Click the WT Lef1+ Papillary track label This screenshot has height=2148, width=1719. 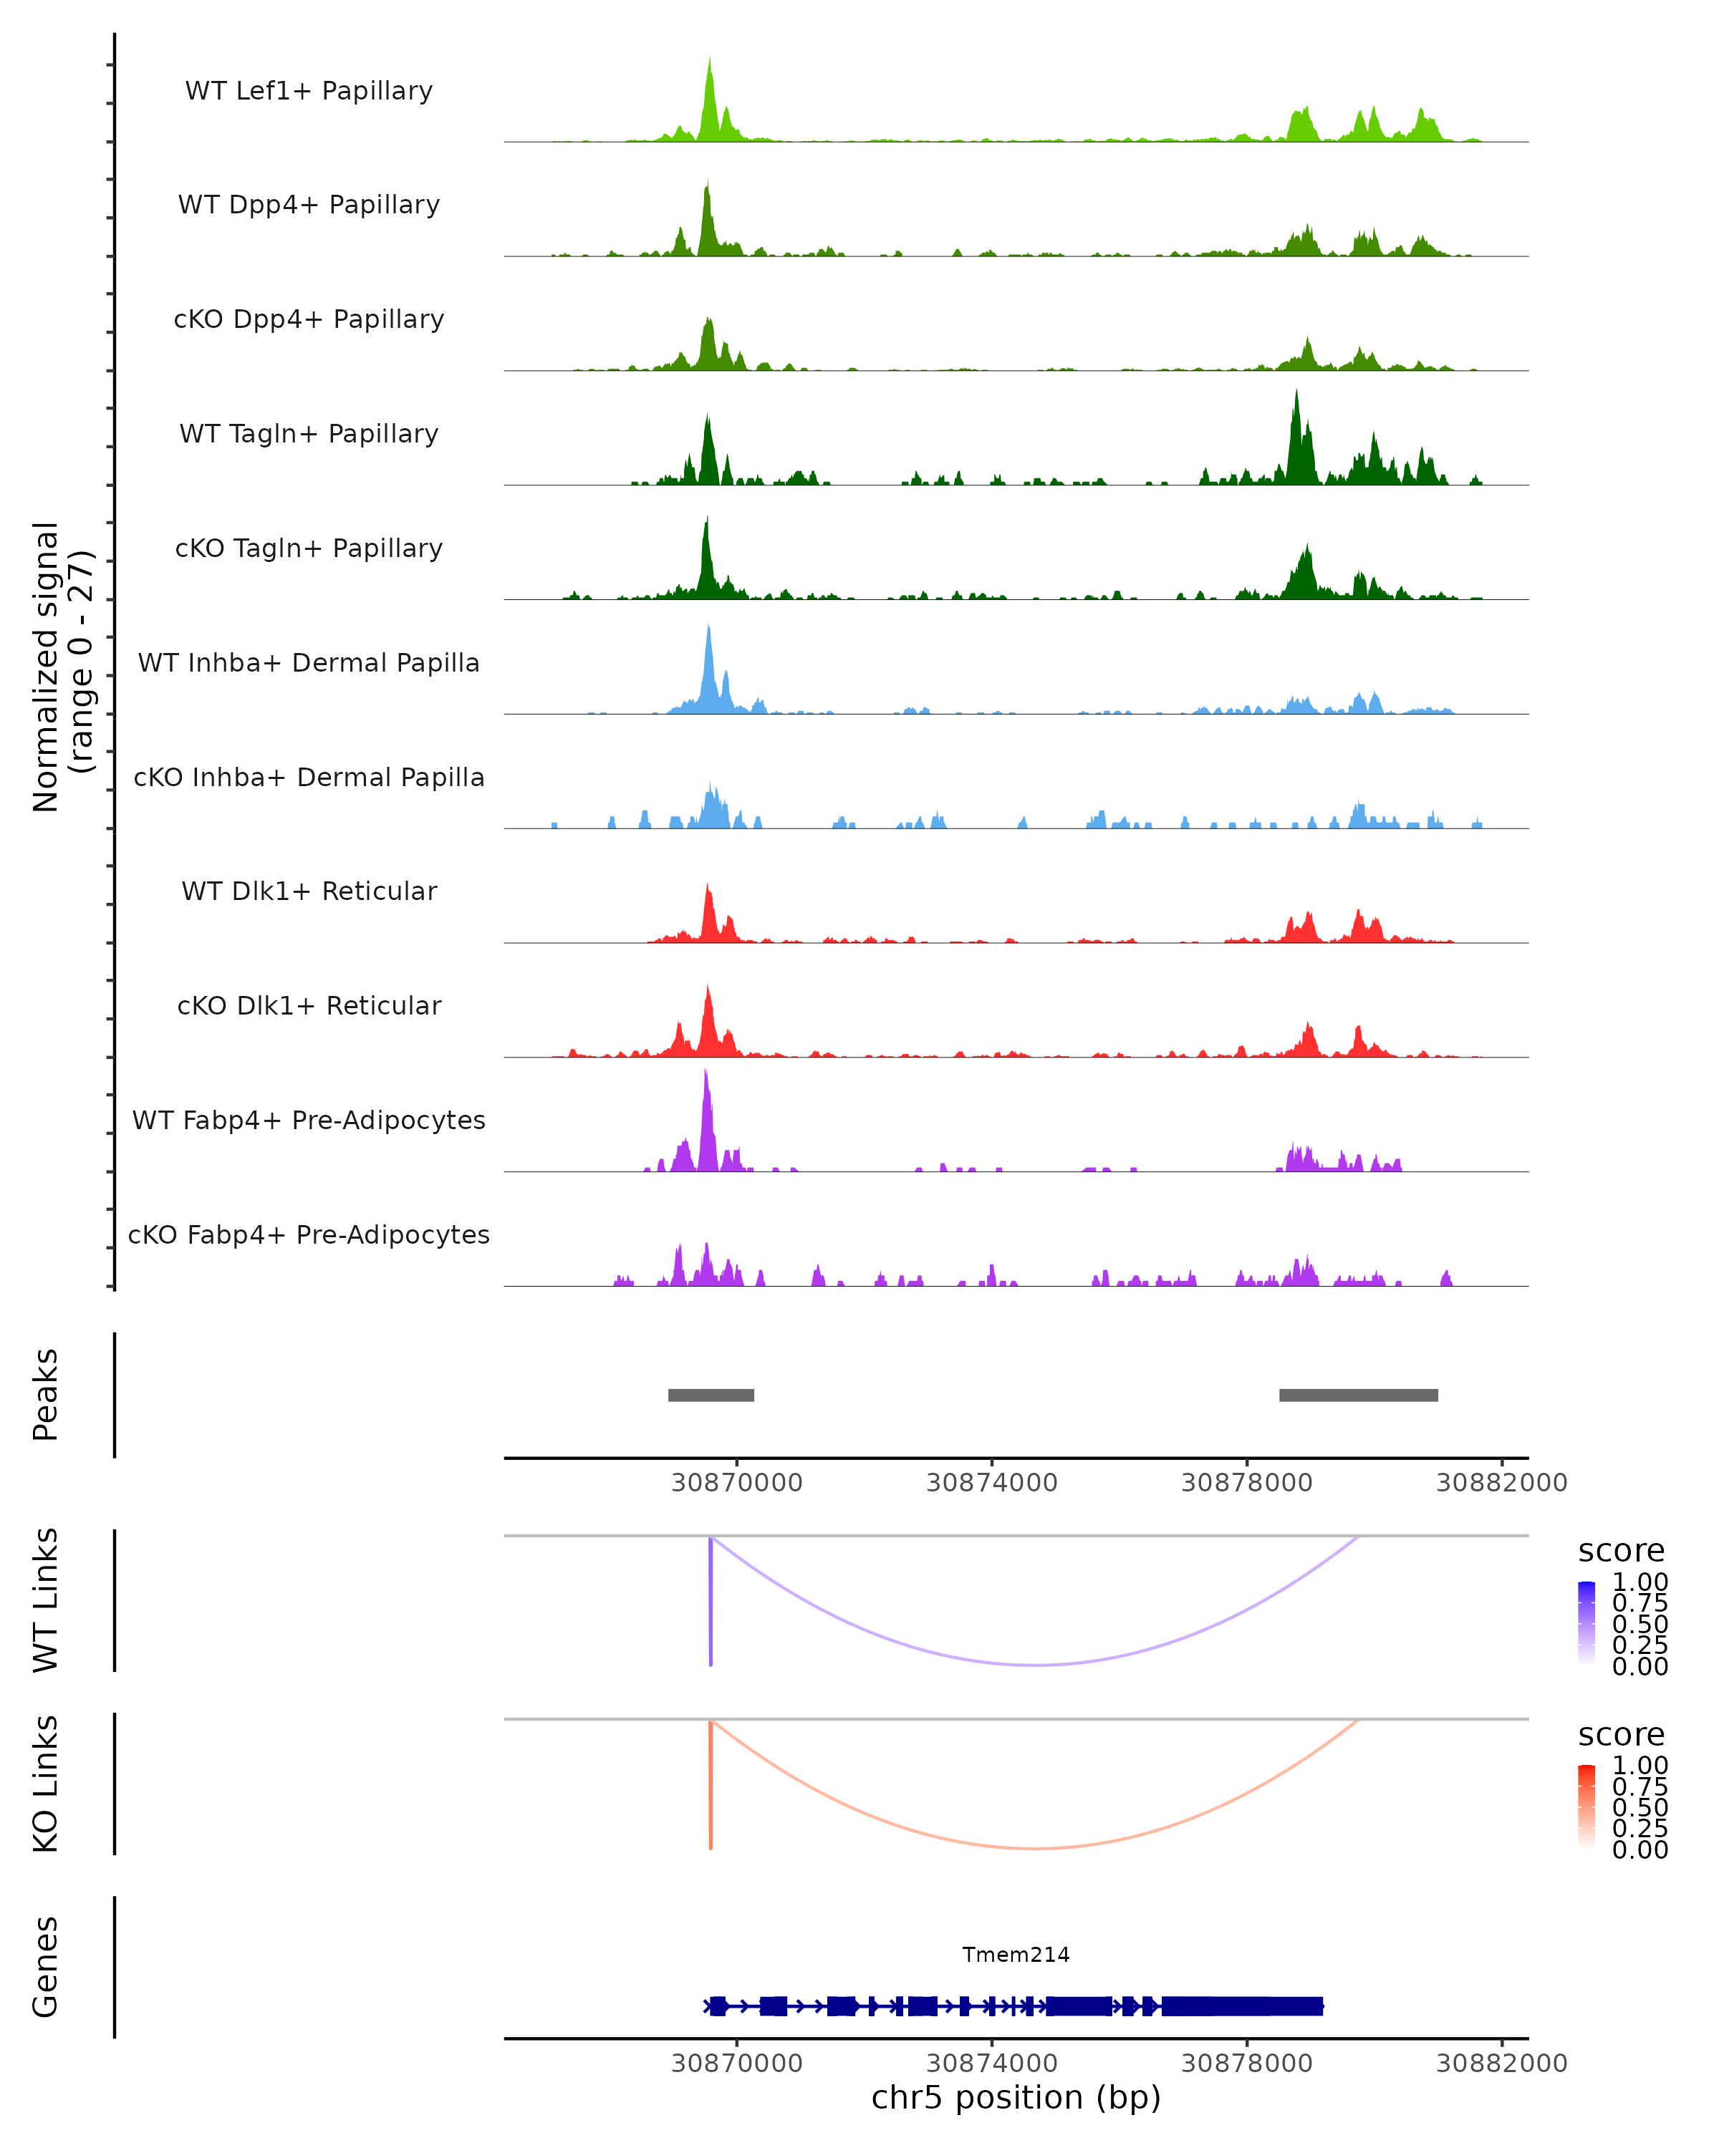click(x=309, y=91)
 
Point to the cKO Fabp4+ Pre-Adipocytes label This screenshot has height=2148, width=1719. click(x=309, y=1234)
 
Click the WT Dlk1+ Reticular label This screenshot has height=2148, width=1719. click(x=309, y=891)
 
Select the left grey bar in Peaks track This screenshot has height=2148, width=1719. click(x=711, y=1395)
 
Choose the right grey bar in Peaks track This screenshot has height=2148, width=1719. click(x=1358, y=1395)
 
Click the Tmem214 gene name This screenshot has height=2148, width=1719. click(x=1016, y=1955)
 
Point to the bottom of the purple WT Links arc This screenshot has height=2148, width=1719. click(x=1036, y=1664)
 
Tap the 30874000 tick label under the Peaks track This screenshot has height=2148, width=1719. click(x=991, y=1483)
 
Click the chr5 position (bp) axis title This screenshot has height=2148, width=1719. click(x=1016, y=2098)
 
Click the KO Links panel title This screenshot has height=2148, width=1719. click(x=46, y=1784)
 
